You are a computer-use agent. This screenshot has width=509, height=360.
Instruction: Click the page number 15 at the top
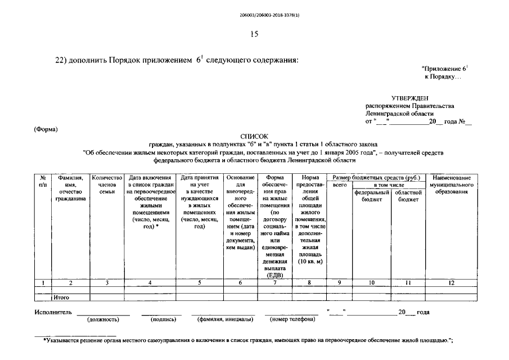click(x=254, y=34)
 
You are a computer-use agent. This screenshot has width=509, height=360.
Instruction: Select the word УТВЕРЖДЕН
click(x=410, y=98)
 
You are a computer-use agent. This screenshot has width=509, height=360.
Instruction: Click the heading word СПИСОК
click(x=254, y=136)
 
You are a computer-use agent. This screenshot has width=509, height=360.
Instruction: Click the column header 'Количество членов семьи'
click(x=107, y=184)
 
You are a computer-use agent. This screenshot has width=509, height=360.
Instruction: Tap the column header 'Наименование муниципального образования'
click(x=451, y=184)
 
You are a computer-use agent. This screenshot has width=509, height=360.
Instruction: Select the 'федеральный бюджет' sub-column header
click(x=372, y=196)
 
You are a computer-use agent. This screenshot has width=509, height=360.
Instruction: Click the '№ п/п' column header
click(x=43, y=181)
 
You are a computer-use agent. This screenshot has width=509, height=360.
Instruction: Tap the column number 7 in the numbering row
click(x=274, y=283)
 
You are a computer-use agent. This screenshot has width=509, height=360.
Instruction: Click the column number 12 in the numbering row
click(x=451, y=283)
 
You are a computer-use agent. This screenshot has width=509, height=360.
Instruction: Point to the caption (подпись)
click(x=163, y=319)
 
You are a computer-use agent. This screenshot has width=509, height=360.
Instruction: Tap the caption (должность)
click(x=103, y=319)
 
